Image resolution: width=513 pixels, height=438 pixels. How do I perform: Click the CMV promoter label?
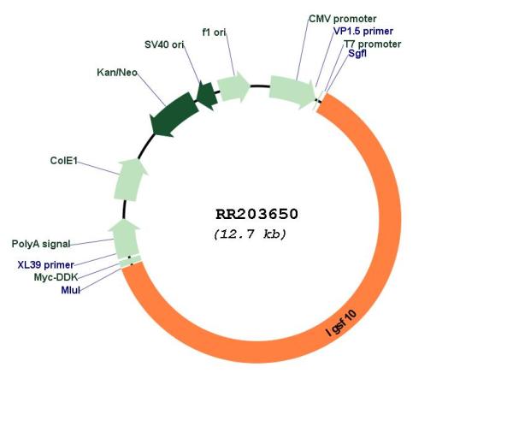pyautogui.click(x=342, y=19)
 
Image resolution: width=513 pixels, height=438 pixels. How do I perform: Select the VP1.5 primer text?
pyautogui.click(x=363, y=31)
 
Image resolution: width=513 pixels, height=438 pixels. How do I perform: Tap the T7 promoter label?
pyautogui.click(x=372, y=44)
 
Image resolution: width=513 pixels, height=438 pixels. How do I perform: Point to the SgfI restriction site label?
pyautogui.click(x=357, y=53)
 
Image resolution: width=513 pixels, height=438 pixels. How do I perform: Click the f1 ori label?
pyautogui.click(x=214, y=33)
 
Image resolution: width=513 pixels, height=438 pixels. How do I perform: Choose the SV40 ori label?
pyautogui.click(x=164, y=44)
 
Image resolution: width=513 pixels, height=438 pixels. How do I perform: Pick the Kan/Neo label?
pyautogui.click(x=117, y=73)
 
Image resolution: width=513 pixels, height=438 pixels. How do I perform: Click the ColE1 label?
pyautogui.click(x=64, y=161)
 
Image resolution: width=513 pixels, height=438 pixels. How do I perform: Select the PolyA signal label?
pyautogui.click(x=41, y=244)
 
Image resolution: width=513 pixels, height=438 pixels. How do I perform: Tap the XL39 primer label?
pyautogui.click(x=46, y=264)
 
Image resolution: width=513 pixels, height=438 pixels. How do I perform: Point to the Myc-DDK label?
pyautogui.click(x=56, y=277)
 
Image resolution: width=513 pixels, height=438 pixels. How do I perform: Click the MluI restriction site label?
pyautogui.click(x=71, y=290)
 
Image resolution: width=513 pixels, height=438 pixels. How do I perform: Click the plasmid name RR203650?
pyautogui.click(x=256, y=215)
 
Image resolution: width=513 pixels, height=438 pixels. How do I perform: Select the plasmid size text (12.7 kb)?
pyautogui.click(x=250, y=234)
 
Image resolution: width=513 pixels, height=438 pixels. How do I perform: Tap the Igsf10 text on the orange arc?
pyautogui.click(x=341, y=323)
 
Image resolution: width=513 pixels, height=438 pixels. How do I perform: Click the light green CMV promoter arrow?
pyautogui.click(x=292, y=91)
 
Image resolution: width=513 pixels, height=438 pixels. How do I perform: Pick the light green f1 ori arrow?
pyautogui.click(x=233, y=86)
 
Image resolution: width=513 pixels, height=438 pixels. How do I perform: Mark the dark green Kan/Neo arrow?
pyautogui.click(x=174, y=115)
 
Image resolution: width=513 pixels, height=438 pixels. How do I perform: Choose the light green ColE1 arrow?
pyautogui.click(x=130, y=180)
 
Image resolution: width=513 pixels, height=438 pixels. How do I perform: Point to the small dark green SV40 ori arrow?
pyautogui.click(x=207, y=95)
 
